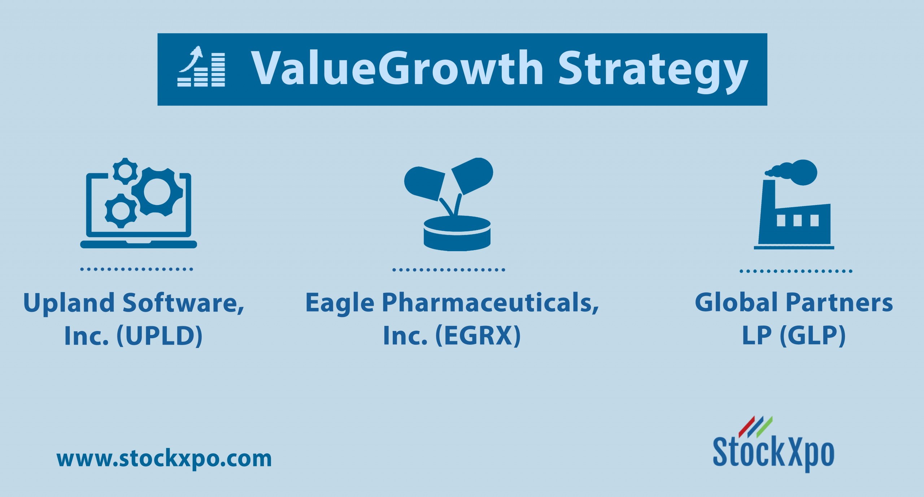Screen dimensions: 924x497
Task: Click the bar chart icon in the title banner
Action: click(201, 66)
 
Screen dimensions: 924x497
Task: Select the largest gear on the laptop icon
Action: click(157, 191)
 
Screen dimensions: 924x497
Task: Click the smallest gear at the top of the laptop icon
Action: click(125, 171)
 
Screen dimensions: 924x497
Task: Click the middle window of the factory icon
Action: click(797, 220)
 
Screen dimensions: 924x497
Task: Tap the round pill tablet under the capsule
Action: click(457, 233)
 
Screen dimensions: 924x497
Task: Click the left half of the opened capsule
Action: click(424, 183)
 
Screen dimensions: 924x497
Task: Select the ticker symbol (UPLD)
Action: click(159, 336)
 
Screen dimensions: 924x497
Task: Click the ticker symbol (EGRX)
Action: click(478, 336)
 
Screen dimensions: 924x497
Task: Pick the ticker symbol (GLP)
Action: click(812, 336)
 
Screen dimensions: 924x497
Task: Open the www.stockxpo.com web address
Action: click(164, 459)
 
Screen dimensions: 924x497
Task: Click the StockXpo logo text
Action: click(773, 453)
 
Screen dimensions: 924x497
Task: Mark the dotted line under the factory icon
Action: click(796, 271)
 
